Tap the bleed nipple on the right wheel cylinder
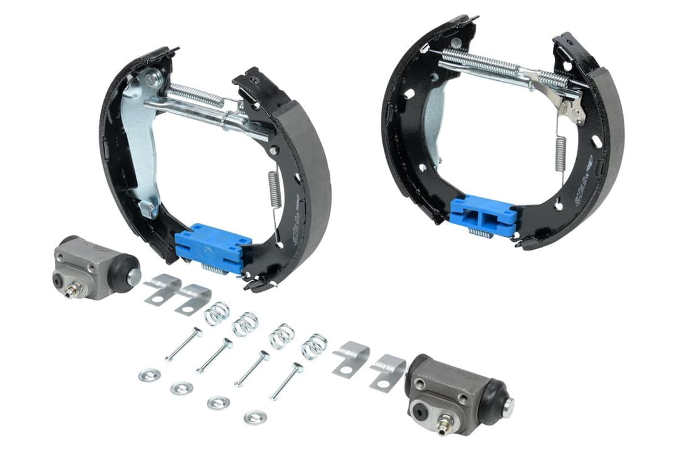441,425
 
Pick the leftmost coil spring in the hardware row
217,313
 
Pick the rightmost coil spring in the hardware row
313,346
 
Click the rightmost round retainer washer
255,417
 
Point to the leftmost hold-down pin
183,345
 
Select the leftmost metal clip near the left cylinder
161,288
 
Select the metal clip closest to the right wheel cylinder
387,371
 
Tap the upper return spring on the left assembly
195,96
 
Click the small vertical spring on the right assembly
560,154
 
